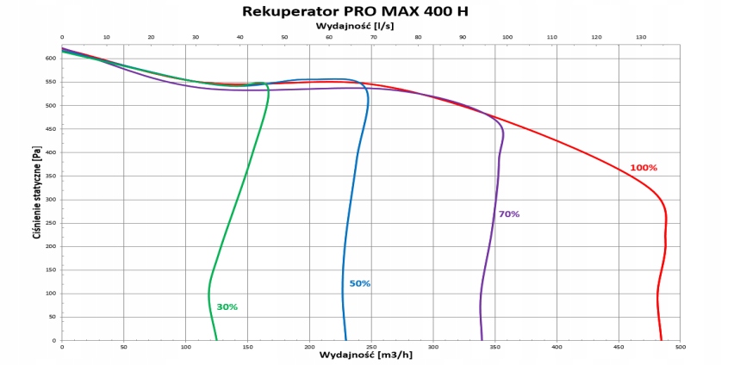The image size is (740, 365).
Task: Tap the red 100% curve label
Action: click(x=643, y=167)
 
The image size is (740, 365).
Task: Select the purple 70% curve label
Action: click(x=509, y=213)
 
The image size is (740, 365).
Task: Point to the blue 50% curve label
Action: click(x=359, y=283)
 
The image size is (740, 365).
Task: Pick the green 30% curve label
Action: click(x=227, y=306)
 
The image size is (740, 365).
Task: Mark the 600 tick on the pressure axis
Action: click(x=50, y=59)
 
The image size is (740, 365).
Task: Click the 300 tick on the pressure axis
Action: click(x=50, y=200)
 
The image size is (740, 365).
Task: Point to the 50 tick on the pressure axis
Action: click(x=52, y=317)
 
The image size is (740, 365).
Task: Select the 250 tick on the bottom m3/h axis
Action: click(x=371, y=347)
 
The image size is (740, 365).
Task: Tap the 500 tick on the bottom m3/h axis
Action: click(x=680, y=347)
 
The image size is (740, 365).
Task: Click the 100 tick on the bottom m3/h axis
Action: click(x=185, y=347)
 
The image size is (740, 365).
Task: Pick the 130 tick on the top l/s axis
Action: click(x=640, y=37)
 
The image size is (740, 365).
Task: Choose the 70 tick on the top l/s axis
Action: click(x=373, y=37)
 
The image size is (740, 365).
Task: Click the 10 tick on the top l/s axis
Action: click(x=106, y=37)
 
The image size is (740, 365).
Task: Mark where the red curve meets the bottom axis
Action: click(x=662, y=340)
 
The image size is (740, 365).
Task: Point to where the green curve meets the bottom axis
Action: click(x=216, y=340)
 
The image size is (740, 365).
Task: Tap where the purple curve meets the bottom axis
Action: click(x=482, y=340)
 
